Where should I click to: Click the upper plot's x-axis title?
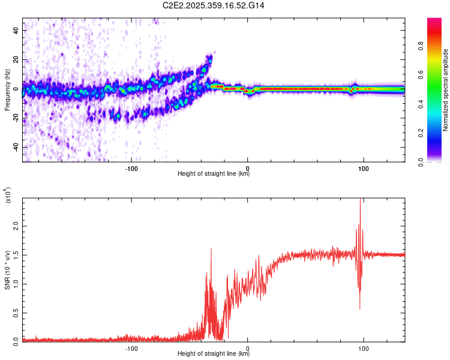(x=214, y=174)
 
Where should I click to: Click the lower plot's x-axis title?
(x=214, y=354)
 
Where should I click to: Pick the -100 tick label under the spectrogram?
(x=131, y=169)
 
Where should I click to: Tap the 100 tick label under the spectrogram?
(x=363, y=169)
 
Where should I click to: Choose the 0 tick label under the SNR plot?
(x=248, y=349)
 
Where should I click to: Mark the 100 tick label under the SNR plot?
(x=363, y=349)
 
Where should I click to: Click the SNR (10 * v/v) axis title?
(x=7, y=269)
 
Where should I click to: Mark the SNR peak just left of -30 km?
(x=211, y=249)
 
